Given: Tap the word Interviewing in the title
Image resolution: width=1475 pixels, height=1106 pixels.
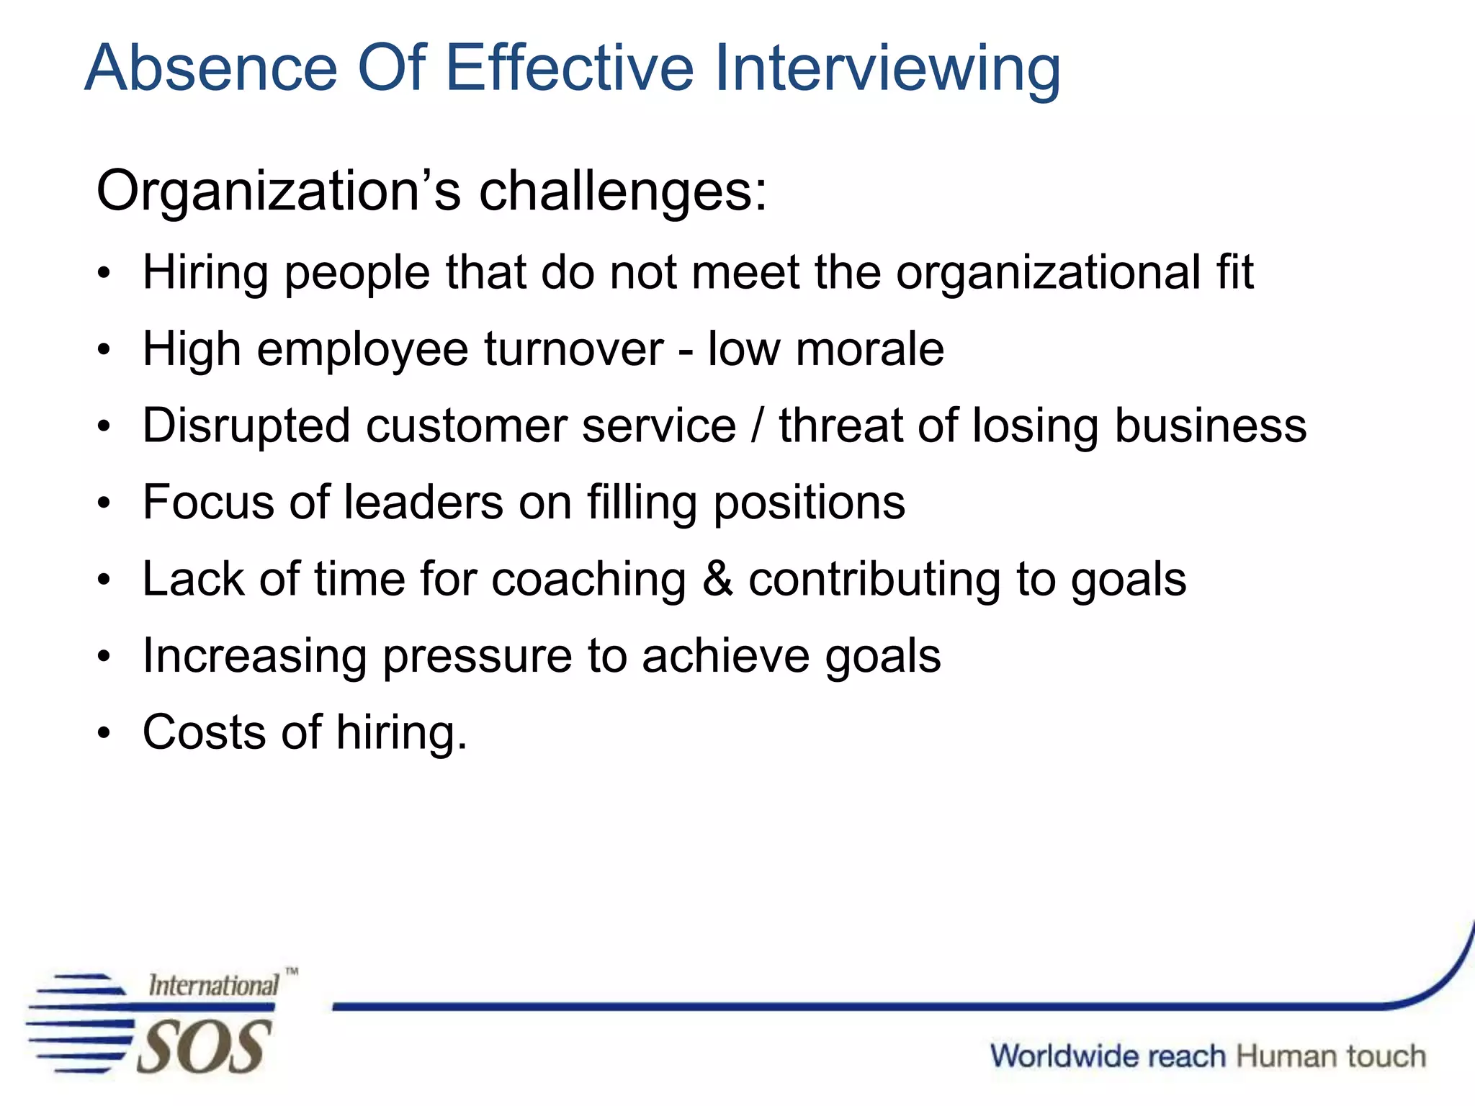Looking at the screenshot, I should point(887,69).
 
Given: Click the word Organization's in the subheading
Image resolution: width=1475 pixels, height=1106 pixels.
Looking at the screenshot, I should point(278,192).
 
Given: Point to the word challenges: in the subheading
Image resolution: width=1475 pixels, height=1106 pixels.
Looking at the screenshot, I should point(623,192).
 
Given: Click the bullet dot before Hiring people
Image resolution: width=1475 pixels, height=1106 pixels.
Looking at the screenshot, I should point(105,274).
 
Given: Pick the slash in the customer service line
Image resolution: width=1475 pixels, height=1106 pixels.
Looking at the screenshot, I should point(757,426).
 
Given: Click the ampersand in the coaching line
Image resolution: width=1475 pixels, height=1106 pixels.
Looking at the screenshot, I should point(717,579).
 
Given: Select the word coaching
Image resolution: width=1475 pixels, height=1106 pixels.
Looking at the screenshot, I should point(588,580).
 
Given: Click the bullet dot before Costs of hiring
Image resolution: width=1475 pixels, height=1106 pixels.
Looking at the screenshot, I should point(105,734).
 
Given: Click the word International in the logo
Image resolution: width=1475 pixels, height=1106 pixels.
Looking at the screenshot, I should point(213,985).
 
